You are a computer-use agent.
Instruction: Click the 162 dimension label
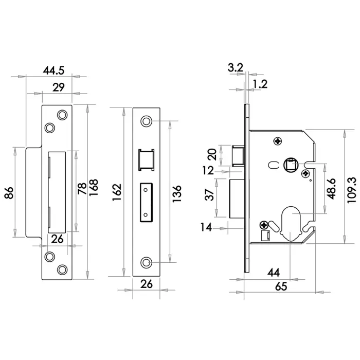pyautogui.click(x=117, y=191)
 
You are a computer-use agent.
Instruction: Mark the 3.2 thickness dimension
pyautogui.click(x=235, y=67)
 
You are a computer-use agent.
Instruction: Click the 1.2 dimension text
pyautogui.click(x=260, y=84)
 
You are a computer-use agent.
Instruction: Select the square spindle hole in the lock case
pyautogui.click(x=291, y=165)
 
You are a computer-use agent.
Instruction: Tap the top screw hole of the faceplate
pyautogui.click(x=147, y=121)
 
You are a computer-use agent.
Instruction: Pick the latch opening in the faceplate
pyautogui.click(x=146, y=159)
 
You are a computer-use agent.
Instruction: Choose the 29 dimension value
pyautogui.click(x=58, y=87)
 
